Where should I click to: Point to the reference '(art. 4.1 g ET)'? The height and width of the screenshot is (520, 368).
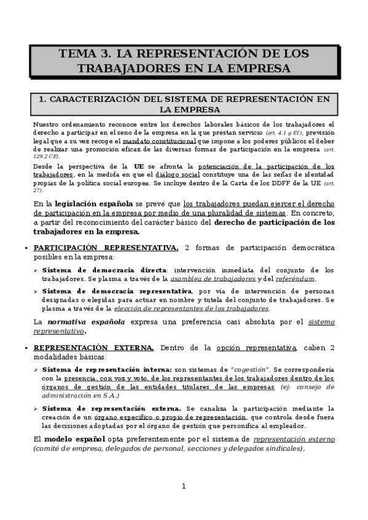pyautogui.click(x=284, y=132)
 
